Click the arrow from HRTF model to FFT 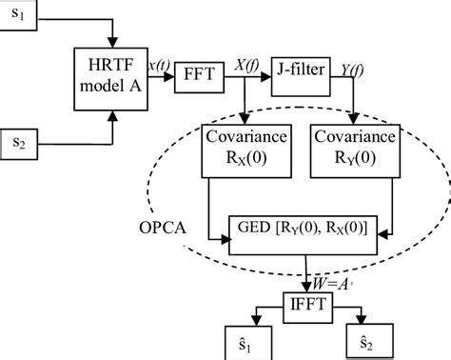point(163,78)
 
